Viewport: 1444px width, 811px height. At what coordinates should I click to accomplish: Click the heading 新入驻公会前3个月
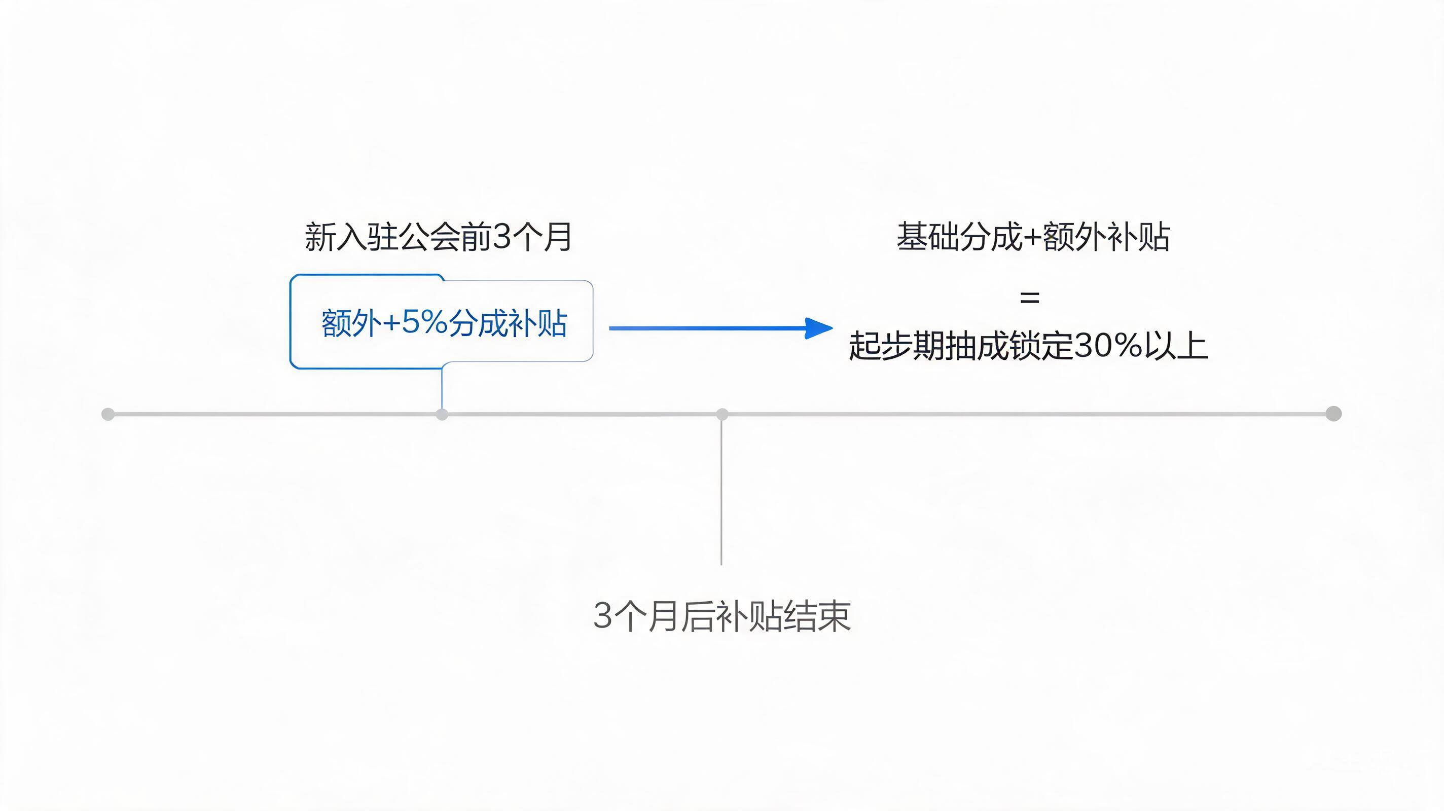point(438,237)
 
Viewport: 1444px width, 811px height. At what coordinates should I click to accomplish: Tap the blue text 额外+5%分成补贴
point(444,323)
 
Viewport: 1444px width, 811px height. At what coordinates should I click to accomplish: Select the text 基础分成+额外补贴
point(1033,237)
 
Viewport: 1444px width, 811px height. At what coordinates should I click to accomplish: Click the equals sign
point(1029,298)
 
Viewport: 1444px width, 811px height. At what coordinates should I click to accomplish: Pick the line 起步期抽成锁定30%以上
point(1028,345)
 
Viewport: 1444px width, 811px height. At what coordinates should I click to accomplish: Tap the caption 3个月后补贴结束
point(722,616)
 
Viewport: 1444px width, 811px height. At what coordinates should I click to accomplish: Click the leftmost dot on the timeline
point(108,414)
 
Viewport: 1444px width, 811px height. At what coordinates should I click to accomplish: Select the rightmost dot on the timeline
point(1333,414)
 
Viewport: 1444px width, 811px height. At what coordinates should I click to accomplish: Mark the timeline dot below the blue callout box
point(442,414)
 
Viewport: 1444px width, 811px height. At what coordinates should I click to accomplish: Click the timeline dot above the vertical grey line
point(722,414)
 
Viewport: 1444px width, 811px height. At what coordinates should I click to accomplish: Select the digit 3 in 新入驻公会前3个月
point(503,237)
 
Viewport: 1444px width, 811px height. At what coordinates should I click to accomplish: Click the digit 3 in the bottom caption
point(603,616)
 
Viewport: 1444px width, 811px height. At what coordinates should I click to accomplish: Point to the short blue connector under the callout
point(442,387)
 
